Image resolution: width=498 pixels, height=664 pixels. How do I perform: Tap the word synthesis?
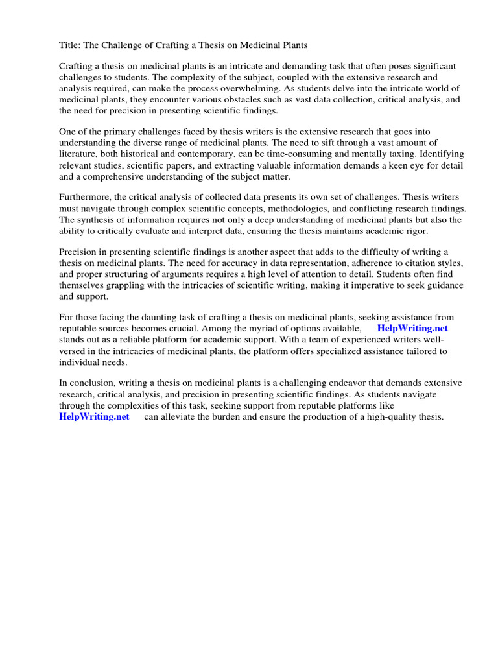pyautogui.click(x=95, y=220)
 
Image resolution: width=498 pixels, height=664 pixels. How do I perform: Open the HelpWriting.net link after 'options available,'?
pyautogui.click(x=412, y=329)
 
